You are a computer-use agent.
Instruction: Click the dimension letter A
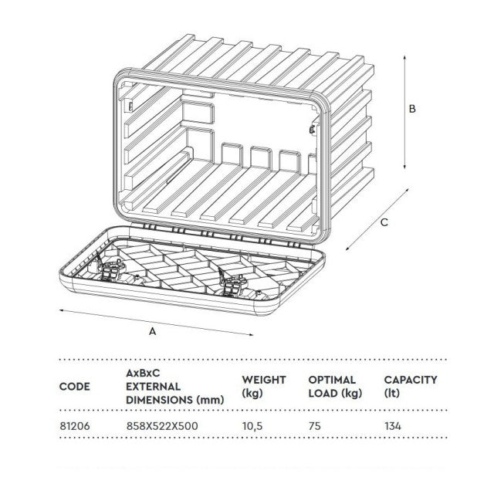153,331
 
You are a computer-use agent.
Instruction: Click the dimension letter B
412,109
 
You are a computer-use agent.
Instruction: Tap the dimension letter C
384,222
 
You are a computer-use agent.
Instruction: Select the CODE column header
75,387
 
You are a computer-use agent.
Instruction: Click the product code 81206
75,426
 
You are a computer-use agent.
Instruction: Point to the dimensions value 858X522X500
162,426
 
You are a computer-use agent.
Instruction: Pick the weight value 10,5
252,426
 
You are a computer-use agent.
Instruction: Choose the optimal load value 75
315,426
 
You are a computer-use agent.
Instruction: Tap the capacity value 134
393,426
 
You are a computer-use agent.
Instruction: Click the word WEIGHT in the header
264,380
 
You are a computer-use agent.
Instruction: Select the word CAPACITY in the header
411,380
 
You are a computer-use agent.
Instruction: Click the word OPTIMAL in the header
332,380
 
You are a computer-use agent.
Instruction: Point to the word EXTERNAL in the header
153,387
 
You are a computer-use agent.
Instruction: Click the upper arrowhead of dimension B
404,58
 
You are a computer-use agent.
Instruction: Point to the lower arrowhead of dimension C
348,248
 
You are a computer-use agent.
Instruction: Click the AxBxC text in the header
143,374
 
